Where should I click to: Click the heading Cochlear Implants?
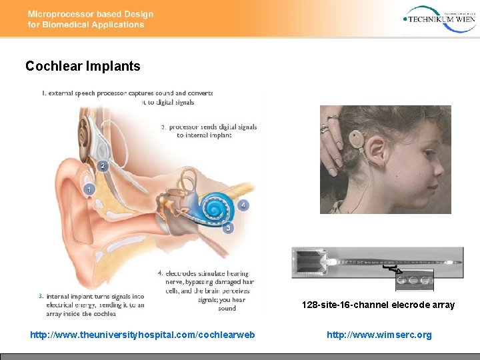(83, 66)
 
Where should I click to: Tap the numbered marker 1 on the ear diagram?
(89, 189)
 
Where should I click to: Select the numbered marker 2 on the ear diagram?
(103, 165)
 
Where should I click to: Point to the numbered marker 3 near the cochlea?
(228, 229)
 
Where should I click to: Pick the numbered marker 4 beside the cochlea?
(243, 205)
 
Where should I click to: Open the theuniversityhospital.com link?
(142, 335)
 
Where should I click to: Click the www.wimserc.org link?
(379, 335)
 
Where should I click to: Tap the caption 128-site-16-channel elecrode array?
(378, 305)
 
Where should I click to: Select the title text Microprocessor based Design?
(91, 14)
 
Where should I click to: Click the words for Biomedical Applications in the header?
(86, 25)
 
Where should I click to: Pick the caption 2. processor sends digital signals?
(209, 131)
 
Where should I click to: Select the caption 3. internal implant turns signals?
(91, 305)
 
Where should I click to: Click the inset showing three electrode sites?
(413, 281)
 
